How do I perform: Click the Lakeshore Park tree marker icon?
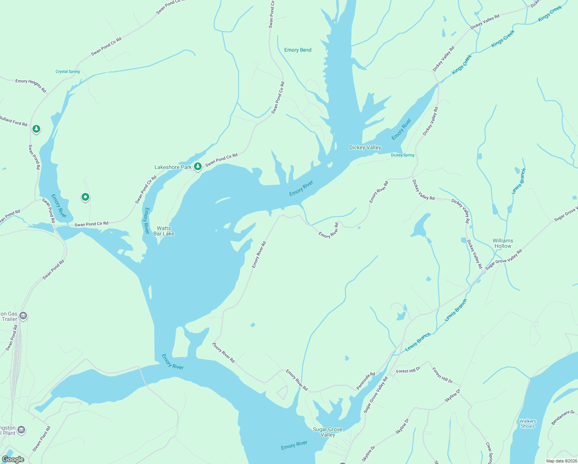(x=198, y=167)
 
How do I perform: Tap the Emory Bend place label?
(x=297, y=50)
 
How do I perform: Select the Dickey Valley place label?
(x=365, y=147)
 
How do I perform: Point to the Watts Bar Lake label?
(x=164, y=231)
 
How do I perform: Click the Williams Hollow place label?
(x=503, y=243)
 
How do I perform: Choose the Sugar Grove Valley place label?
(x=327, y=432)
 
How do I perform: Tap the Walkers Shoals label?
(x=528, y=423)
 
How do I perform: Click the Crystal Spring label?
(x=68, y=72)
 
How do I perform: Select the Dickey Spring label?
(x=403, y=155)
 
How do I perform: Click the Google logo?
(x=13, y=459)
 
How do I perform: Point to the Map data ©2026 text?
(x=561, y=461)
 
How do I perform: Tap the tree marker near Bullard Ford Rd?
(x=36, y=129)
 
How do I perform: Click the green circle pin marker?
(x=85, y=197)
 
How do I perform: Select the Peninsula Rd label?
(x=365, y=381)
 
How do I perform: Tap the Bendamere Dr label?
(x=563, y=418)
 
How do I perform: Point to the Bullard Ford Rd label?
(x=14, y=122)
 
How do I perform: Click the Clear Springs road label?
(x=489, y=452)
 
